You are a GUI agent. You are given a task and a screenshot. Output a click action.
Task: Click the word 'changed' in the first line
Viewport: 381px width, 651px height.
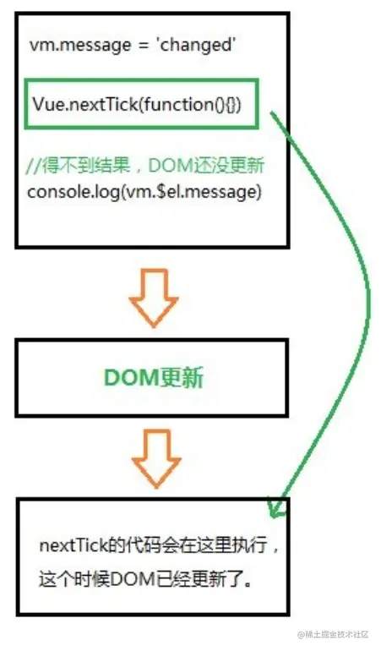pos(195,45)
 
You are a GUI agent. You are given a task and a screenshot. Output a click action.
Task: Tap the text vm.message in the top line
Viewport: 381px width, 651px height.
pos(80,45)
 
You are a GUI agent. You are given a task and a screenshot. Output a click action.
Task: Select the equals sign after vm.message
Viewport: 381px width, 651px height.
pos(143,46)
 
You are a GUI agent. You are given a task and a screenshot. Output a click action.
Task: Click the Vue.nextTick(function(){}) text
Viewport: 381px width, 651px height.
pos(137,104)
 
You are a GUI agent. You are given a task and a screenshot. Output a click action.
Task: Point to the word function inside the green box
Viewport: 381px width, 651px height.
pos(179,104)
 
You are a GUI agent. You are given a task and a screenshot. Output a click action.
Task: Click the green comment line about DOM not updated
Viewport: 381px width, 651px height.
pos(145,165)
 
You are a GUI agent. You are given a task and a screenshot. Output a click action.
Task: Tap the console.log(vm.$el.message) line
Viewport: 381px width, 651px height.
pos(144,192)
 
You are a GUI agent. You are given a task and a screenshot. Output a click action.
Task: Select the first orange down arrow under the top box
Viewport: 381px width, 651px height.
pos(154,298)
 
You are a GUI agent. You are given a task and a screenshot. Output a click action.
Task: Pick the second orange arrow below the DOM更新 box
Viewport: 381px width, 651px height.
pos(156,457)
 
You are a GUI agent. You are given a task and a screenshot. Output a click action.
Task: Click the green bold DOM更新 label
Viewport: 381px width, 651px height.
pos(154,378)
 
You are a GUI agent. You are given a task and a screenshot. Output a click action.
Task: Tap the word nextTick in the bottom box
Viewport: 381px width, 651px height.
pos(73,545)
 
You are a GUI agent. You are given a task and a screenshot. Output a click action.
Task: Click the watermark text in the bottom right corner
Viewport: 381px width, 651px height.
pos(333,634)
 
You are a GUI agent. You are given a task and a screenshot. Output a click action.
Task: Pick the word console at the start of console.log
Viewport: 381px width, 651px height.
pos(56,192)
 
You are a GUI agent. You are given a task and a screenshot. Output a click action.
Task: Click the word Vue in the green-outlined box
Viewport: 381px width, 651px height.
pos(49,104)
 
